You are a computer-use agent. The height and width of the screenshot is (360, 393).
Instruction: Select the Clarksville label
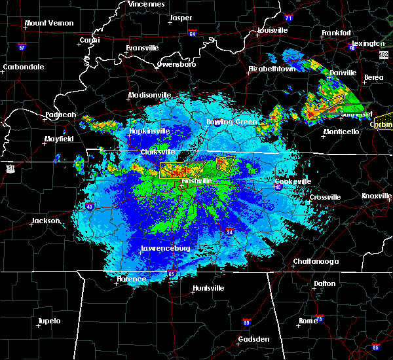pyautogui.click(x=156, y=152)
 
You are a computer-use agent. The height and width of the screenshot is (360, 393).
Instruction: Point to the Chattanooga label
pyautogui.click(x=316, y=261)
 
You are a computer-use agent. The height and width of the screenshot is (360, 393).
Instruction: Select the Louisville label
pyautogui.click(x=272, y=30)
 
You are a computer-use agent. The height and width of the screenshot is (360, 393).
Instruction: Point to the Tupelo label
pyautogui.click(x=49, y=321)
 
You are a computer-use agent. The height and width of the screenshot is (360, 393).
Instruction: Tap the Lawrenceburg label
pyautogui.click(x=166, y=249)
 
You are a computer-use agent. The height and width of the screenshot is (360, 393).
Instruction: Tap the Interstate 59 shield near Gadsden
pyautogui.click(x=246, y=322)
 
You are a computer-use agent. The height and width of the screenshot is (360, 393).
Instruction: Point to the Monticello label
pyautogui.click(x=341, y=132)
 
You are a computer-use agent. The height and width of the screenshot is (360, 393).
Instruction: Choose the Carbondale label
pyautogui.click(x=24, y=67)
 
